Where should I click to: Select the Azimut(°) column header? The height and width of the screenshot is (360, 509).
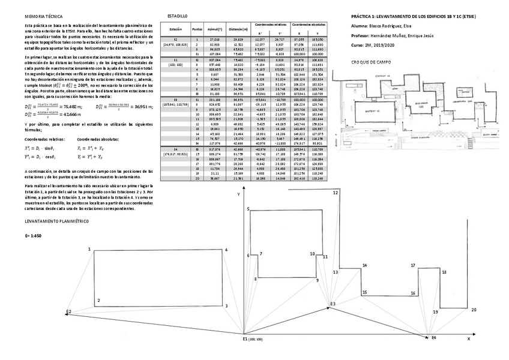click(213, 29)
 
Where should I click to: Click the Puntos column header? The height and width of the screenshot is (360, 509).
click(197, 29)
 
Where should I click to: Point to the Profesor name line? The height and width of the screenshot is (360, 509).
click(393, 36)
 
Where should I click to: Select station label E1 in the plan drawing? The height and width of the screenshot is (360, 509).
click(247, 340)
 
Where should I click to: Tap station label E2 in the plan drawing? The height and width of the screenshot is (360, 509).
click(69, 312)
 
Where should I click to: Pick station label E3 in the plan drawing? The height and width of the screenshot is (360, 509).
click(332, 305)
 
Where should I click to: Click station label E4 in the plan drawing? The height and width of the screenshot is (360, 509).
click(435, 338)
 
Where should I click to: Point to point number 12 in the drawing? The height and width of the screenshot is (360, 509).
click(336, 193)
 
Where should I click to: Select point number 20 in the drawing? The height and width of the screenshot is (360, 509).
click(474, 310)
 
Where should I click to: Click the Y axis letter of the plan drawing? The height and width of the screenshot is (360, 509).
click(239, 195)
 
